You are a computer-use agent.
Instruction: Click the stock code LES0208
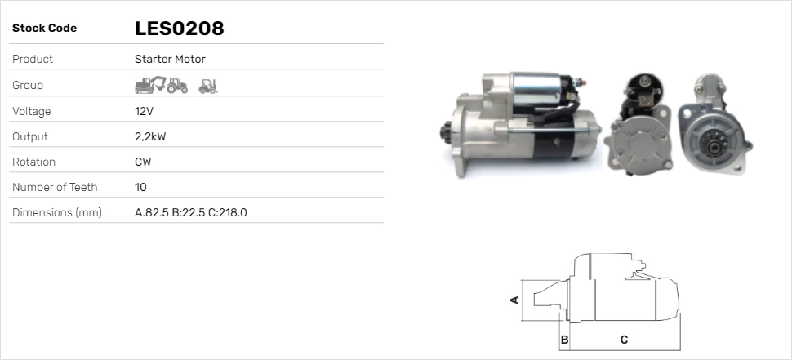coord(180,29)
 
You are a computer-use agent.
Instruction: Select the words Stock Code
coord(44,29)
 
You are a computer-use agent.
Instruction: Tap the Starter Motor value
coord(170,59)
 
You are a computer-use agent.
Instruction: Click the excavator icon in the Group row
coord(150,85)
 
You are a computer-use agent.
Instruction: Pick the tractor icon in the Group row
coord(177,86)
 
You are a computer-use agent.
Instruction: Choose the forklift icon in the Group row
coord(207,87)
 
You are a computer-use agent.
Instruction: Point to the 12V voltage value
coord(144,111)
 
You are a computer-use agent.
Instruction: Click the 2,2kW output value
coord(150,137)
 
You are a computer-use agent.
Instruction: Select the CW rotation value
coord(143,162)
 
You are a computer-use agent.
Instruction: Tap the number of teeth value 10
coord(140,187)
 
